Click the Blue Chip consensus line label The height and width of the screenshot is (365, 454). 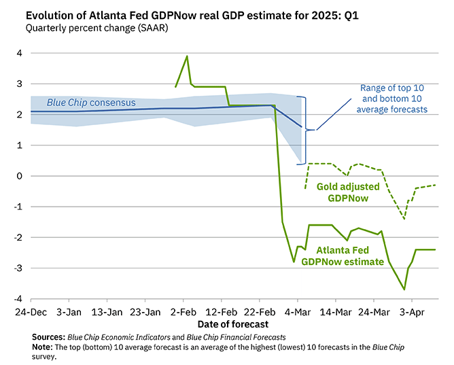pyautogui.click(x=90, y=103)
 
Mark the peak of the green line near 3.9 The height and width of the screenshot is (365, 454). pyautogui.click(x=187, y=56)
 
